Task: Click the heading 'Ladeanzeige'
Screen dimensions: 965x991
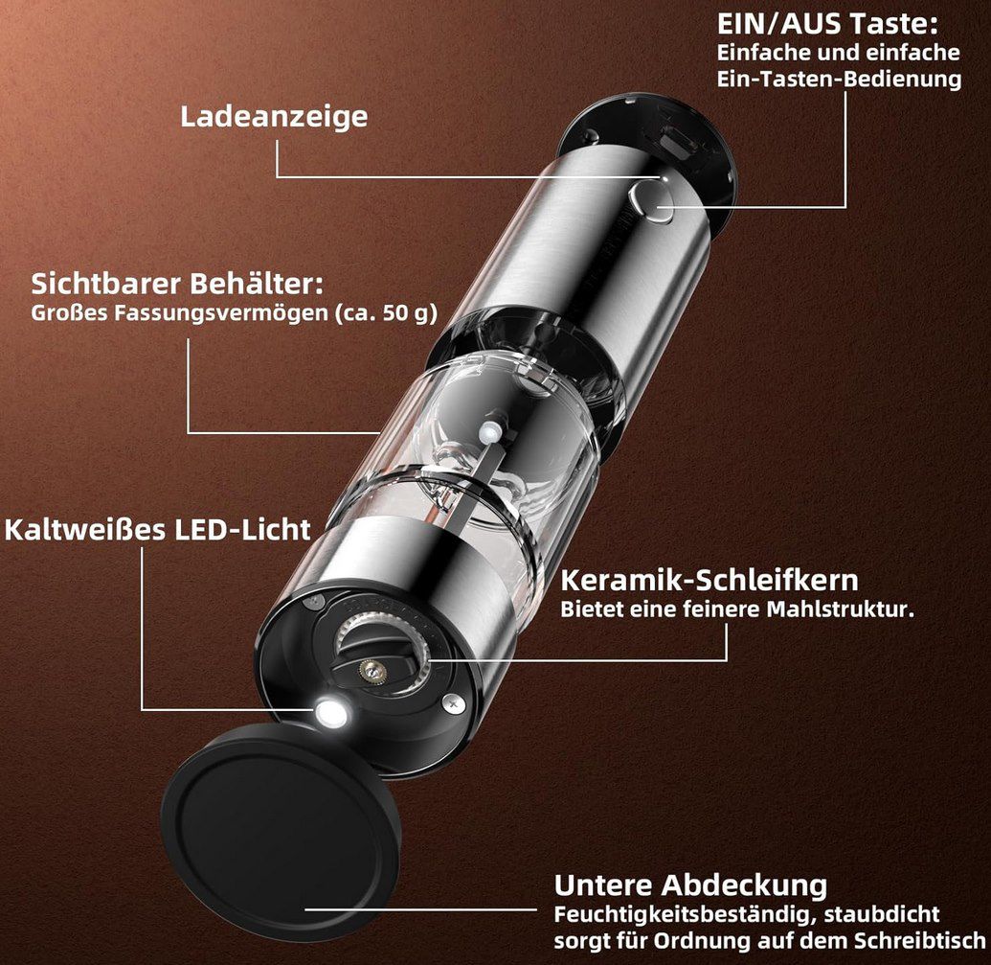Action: point(274,117)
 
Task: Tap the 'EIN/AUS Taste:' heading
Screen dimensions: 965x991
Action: point(827,23)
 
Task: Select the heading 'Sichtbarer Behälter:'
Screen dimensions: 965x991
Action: point(177,285)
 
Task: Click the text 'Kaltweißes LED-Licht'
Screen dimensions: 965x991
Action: point(158,529)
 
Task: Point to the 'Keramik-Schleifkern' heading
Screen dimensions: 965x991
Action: point(709,580)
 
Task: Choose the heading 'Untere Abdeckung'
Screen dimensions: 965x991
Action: point(690,884)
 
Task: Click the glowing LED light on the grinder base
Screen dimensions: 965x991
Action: point(331,713)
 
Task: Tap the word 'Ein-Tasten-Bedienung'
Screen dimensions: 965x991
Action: point(839,79)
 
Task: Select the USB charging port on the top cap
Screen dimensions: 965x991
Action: point(677,143)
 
